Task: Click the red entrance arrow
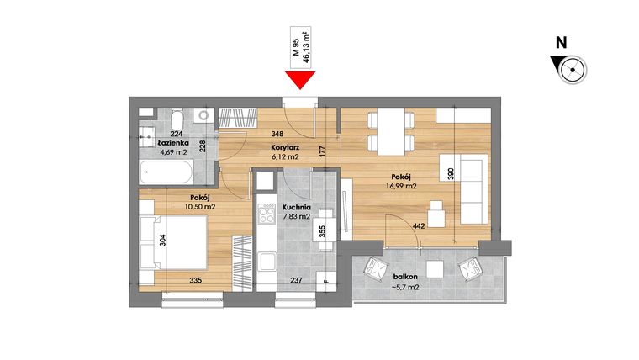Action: (299, 81)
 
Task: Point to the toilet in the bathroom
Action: (177, 117)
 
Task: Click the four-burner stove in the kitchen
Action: (268, 215)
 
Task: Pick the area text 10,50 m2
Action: (177, 206)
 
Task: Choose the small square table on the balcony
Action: (435, 269)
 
